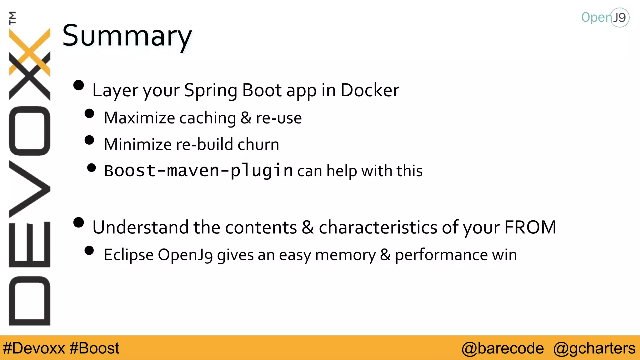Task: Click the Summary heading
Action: point(127,36)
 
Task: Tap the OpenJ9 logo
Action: point(605,17)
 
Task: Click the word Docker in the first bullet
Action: point(370,90)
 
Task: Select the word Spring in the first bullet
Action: point(210,91)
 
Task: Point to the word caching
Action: point(207,118)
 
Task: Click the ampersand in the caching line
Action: point(246,118)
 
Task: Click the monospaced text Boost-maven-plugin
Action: point(198,171)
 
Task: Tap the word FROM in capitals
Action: point(530,227)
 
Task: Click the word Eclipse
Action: point(128,255)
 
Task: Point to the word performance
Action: point(441,255)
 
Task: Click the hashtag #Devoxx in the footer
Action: point(34,348)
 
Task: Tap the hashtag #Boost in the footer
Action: point(94,348)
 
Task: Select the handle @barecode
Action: point(502,348)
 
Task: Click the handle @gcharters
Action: point(594,348)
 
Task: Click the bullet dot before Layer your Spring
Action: point(79,85)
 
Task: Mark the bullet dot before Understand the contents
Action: point(79,222)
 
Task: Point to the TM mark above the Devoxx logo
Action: point(12,18)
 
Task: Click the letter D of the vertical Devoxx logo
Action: point(30,301)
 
